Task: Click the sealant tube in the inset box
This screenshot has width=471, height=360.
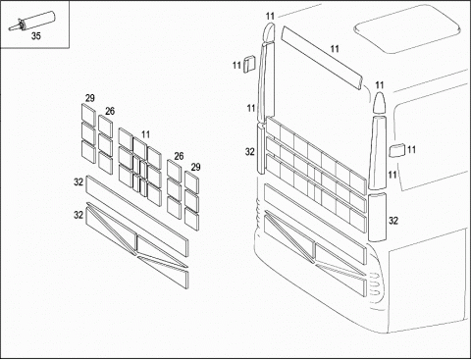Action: (32, 22)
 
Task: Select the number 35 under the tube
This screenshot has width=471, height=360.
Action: (36, 36)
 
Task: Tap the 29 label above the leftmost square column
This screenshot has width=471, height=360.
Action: (90, 98)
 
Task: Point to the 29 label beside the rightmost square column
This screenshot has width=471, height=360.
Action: (195, 167)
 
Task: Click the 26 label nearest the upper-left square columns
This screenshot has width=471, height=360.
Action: (110, 111)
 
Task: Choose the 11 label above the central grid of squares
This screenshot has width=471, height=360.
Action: (145, 134)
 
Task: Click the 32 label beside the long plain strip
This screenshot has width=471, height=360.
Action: (78, 181)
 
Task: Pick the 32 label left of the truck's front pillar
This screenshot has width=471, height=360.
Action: (250, 152)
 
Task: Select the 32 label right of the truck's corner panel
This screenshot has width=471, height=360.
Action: (393, 221)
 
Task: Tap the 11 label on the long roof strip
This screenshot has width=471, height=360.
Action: (335, 49)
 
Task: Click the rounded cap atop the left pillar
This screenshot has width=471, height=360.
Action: (269, 32)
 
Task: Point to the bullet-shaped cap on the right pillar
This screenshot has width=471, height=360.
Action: (380, 103)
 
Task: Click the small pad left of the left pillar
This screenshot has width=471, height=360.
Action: (249, 63)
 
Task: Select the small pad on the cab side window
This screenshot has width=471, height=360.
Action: (397, 150)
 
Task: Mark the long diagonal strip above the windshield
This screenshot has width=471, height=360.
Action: (322, 58)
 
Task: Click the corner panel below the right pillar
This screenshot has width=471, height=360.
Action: (377, 217)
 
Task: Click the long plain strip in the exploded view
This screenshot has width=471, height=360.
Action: (137, 217)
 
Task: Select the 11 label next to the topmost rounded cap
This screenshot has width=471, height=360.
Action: (270, 16)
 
